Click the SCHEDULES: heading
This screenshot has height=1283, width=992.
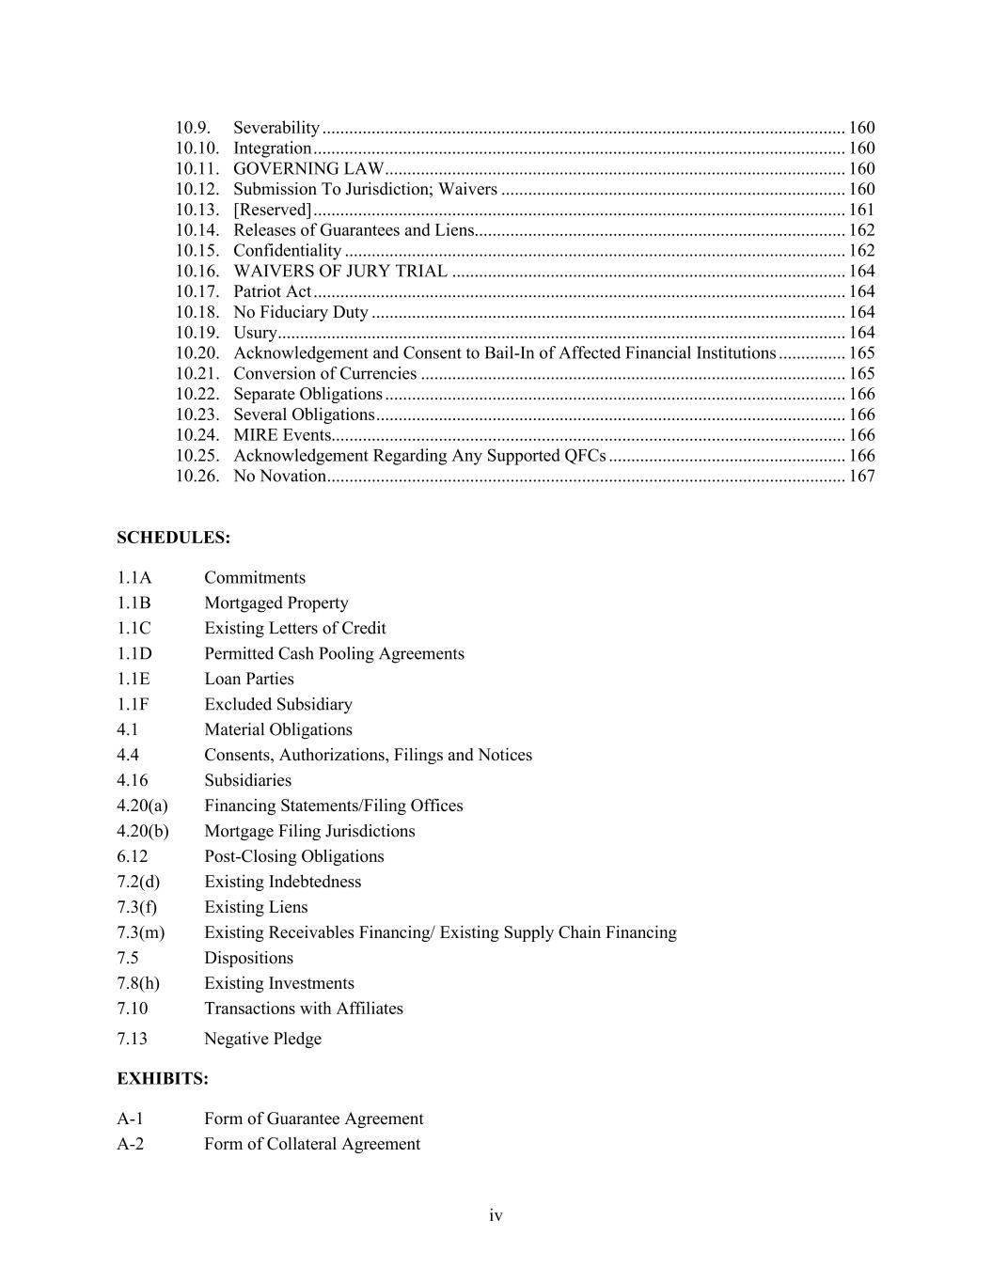(x=173, y=538)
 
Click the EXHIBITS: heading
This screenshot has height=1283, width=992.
(x=163, y=1079)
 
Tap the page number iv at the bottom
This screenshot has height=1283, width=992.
(x=496, y=1216)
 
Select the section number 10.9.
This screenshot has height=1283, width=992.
(x=193, y=128)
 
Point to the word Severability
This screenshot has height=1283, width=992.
(x=276, y=128)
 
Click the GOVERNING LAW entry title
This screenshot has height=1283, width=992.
(x=308, y=169)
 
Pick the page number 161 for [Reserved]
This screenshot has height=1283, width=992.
(x=861, y=210)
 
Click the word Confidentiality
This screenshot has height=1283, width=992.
(x=287, y=251)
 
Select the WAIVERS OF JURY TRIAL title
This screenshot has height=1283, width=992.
(x=340, y=272)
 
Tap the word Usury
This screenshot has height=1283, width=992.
(x=255, y=333)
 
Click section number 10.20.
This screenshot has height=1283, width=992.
(x=197, y=353)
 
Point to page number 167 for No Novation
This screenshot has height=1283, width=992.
(x=861, y=477)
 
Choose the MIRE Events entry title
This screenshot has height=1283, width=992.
(x=282, y=435)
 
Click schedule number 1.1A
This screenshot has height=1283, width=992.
(x=134, y=578)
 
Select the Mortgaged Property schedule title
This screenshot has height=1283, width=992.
(x=276, y=603)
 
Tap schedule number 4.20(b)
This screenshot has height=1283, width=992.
(x=143, y=832)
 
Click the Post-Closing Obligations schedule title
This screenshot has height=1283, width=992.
(x=294, y=857)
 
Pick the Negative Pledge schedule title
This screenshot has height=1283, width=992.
(x=262, y=1040)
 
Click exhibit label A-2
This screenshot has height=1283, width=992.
(x=131, y=1145)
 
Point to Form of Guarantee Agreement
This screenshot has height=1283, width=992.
(x=314, y=1119)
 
